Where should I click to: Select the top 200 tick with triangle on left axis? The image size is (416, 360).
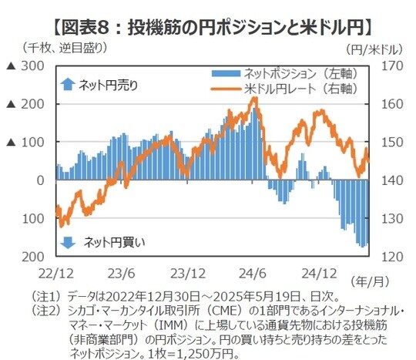33,104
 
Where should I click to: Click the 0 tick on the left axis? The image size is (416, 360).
40,180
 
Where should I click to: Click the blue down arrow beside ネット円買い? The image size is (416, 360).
68,242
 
